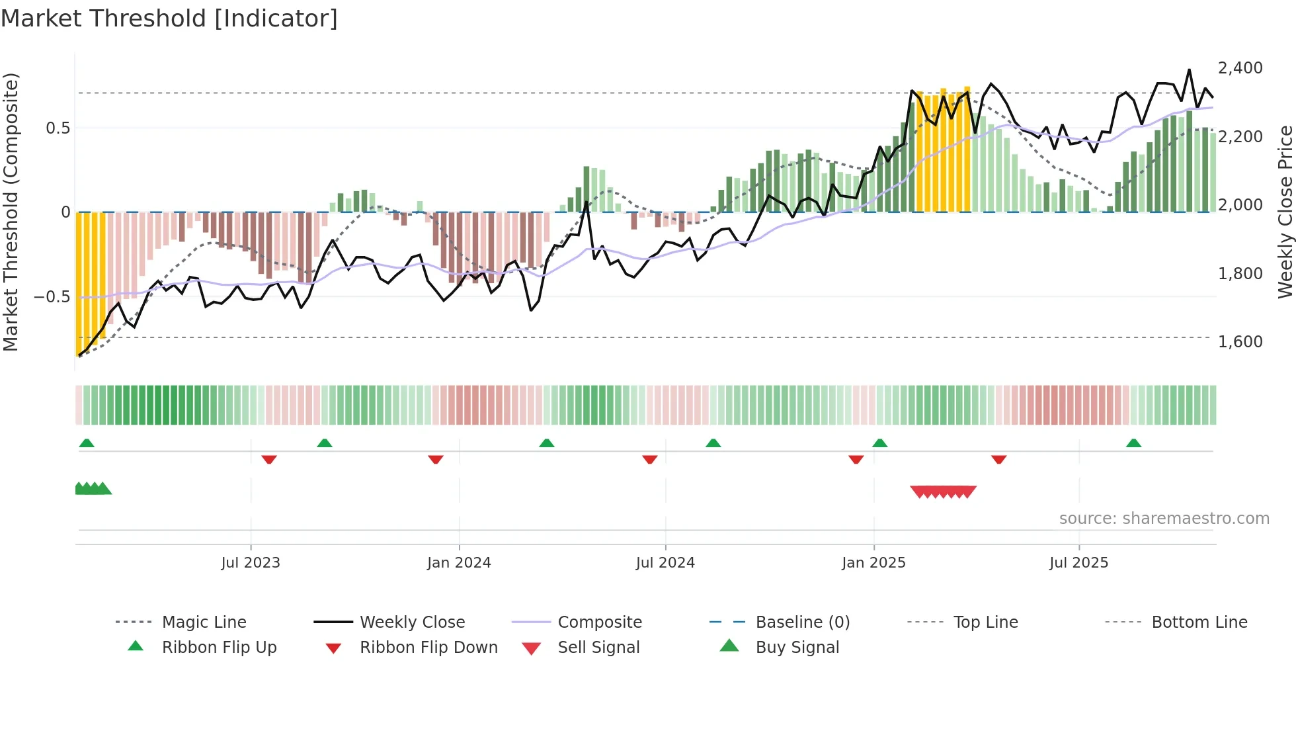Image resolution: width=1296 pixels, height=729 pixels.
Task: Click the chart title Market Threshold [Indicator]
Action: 169,19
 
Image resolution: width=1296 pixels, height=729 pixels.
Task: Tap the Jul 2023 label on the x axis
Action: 251,563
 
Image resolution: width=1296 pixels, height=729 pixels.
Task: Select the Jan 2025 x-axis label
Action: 873,563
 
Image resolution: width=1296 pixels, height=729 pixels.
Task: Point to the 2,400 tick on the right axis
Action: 1240,68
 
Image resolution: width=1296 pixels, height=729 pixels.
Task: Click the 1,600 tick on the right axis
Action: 1240,342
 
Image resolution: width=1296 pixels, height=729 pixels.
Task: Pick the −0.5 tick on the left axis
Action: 52,297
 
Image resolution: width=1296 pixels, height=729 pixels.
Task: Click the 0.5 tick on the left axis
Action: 58,128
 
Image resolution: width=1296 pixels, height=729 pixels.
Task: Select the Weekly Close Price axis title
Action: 1285,212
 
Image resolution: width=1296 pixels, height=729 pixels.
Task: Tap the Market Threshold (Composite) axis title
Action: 11,212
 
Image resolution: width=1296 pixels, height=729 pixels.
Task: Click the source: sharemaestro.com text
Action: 1164,519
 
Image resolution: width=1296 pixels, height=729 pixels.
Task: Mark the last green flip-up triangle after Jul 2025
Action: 1133,443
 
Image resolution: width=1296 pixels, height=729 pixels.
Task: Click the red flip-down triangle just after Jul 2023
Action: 268,459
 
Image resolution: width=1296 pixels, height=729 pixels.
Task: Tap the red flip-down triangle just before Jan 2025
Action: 856,459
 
